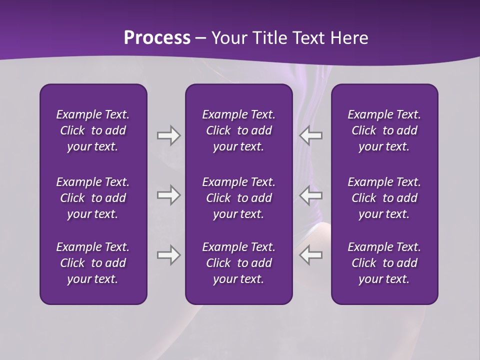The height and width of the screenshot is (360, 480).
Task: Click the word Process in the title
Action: coord(157,38)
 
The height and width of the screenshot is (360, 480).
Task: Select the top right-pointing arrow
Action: coord(168,135)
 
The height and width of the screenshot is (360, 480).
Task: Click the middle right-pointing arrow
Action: coord(168,195)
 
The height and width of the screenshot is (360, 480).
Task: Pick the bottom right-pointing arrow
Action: coord(168,255)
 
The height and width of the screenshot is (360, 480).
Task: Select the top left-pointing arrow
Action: coord(311,135)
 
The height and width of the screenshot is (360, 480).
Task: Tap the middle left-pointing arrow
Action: coord(311,195)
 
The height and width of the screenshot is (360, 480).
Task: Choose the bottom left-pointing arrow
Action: coord(311,255)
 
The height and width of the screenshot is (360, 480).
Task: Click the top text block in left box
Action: coord(93,130)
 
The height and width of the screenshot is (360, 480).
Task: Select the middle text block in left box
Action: coord(93,198)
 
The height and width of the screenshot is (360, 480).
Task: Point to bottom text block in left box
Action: coord(93,263)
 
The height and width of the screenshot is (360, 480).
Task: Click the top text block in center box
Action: coord(238,130)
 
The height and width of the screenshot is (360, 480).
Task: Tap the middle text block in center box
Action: coord(238,198)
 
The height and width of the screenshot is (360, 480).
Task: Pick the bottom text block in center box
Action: coord(238,263)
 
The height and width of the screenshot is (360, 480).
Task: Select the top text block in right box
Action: coord(384,130)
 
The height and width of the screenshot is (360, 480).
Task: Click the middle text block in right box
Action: coord(384,198)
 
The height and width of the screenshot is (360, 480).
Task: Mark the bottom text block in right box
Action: coord(384,263)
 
